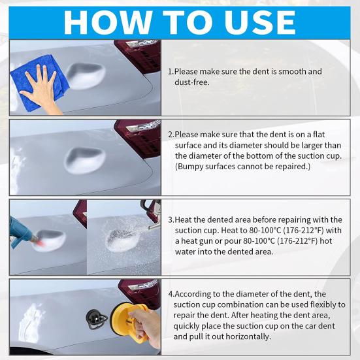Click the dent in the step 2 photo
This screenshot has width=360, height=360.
point(85,158)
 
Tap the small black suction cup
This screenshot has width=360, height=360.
point(95,319)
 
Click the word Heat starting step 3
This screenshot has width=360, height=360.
point(188,219)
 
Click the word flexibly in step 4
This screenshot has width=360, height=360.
point(322,304)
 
